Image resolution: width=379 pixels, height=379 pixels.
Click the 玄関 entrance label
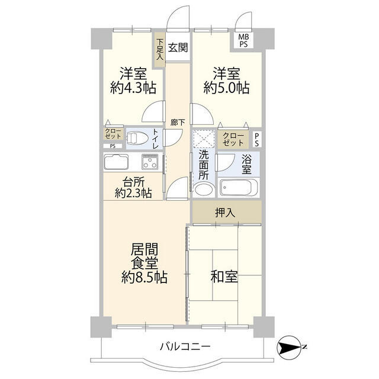pos(177,49)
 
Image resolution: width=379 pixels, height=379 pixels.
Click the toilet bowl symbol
pos(134,138)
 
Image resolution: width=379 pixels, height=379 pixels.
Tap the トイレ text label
pos(155,138)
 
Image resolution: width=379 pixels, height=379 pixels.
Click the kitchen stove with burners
pos(149,161)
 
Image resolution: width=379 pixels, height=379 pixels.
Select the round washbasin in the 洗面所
pos(203,190)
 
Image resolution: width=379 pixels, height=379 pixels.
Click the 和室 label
pos(224,277)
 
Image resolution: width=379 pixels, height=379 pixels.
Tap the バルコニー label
pos(185,347)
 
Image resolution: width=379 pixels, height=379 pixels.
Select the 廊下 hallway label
pos(177,123)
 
